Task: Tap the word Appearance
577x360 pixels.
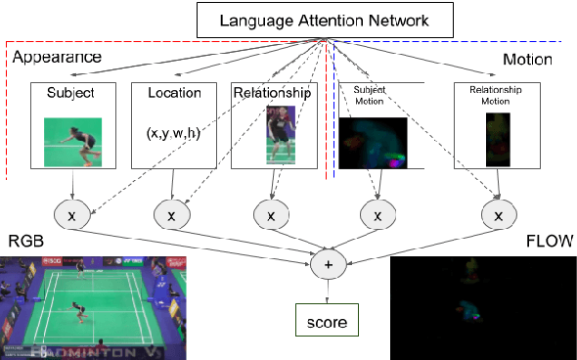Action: (x=57, y=58)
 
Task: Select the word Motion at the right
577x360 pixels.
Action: (x=528, y=60)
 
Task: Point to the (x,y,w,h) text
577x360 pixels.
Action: (x=174, y=133)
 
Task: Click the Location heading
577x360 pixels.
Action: (x=174, y=94)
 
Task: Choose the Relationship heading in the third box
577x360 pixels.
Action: (x=272, y=94)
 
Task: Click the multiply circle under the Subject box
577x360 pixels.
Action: (x=70, y=213)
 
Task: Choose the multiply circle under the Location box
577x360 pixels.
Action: (x=173, y=213)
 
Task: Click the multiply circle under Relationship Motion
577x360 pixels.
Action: (x=500, y=213)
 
